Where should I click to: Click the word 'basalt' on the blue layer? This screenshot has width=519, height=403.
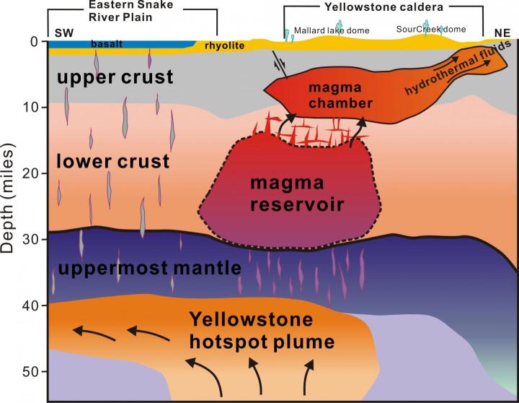tap(106, 44)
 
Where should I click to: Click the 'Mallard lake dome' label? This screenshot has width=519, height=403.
tap(325, 31)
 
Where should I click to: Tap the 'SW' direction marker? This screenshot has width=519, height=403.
tap(65, 32)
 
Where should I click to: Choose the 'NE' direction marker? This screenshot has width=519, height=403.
tap(499, 32)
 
